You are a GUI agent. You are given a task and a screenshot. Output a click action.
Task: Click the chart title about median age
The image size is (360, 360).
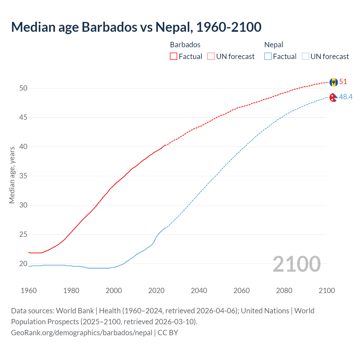136,27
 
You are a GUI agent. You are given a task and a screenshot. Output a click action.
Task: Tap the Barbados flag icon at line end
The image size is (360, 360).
334,82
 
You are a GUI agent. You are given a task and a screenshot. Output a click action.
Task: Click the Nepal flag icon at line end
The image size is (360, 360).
333,97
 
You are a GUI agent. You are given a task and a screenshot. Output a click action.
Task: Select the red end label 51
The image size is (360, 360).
343,82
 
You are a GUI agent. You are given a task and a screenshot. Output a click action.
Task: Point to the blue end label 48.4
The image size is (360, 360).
346,97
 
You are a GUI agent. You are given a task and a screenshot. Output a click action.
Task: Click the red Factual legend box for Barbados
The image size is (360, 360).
174,57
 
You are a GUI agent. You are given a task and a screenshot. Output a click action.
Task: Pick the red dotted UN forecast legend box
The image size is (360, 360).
211,57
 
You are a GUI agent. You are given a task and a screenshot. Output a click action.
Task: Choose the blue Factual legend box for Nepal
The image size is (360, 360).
268,57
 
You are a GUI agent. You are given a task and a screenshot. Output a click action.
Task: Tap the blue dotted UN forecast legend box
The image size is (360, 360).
305,57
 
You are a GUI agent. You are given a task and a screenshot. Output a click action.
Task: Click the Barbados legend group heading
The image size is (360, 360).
185,45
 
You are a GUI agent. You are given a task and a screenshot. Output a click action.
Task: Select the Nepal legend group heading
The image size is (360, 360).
274,45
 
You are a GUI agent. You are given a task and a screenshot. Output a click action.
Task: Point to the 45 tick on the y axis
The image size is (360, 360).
23,117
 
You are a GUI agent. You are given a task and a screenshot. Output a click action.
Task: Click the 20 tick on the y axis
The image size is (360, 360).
23,264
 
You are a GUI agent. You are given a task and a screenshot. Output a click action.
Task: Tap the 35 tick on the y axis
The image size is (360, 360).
23,176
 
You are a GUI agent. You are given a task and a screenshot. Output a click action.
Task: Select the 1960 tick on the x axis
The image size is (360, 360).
29,291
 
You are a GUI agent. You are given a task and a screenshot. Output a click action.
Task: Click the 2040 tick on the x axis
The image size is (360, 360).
199,291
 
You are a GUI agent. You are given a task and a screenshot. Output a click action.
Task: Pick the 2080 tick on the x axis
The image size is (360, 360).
284,291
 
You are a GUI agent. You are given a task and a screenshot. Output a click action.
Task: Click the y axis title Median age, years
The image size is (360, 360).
12,175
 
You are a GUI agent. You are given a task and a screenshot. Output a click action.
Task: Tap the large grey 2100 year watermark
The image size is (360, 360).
296,264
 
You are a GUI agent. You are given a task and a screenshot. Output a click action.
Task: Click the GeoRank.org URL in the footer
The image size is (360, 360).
82,333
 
